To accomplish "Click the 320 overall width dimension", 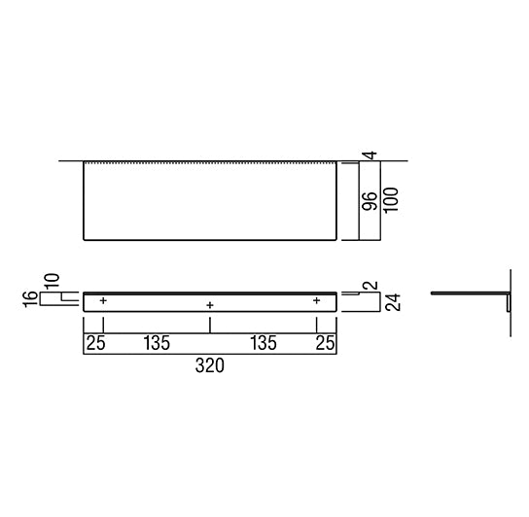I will pyautogui.click(x=209, y=366).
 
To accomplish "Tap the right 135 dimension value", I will pyautogui.click(x=264, y=343).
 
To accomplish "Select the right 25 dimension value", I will pyautogui.click(x=326, y=343).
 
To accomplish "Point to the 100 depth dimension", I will pyautogui.click(x=389, y=202).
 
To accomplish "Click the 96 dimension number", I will pyautogui.click(x=370, y=202).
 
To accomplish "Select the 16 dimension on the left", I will pyautogui.click(x=31, y=298).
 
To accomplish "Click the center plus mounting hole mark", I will pyautogui.click(x=210, y=306).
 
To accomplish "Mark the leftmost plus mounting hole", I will pyautogui.click(x=103, y=301).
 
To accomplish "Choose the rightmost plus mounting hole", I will pyautogui.click(x=316, y=301).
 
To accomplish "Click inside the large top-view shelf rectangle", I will pyautogui.click(x=209, y=201).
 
